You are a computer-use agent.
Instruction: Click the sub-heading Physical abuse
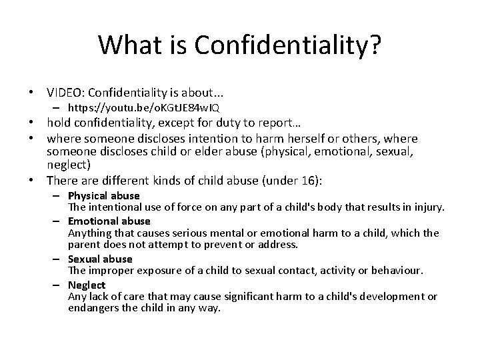tap(103, 196)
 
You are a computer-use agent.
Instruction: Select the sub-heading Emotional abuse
tap(109, 221)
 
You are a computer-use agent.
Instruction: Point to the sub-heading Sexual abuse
tap(100, 259)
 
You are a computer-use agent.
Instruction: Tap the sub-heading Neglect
tap(87, 285)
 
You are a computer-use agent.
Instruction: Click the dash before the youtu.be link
tap(57, 107)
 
